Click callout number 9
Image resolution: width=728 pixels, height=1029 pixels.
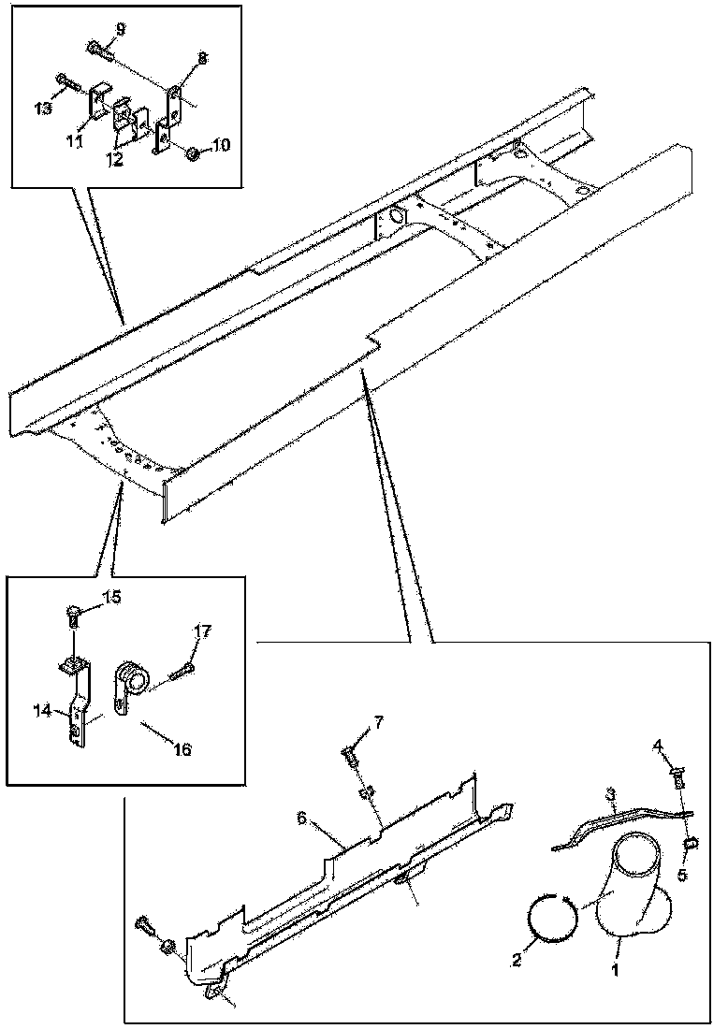(x=120, y=29)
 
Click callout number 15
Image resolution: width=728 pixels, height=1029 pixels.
(x=111, y=596)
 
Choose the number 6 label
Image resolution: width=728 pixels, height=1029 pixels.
(x=302, y=819)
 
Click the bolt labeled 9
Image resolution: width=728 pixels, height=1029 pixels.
(x=98, y=47)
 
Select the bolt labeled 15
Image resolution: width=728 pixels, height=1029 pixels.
(x=74, y=615)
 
